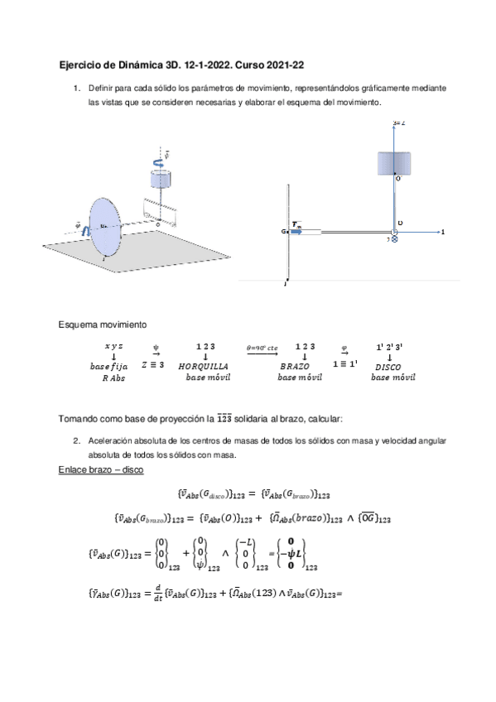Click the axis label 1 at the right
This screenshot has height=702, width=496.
[x=443, y=233]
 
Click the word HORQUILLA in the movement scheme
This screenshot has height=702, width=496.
[x=204, y=365]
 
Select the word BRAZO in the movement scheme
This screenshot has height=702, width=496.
[x=295, y=365]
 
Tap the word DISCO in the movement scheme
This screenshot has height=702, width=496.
[x=389, y=365]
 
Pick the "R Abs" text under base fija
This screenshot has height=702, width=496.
[x=113, y=377]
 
